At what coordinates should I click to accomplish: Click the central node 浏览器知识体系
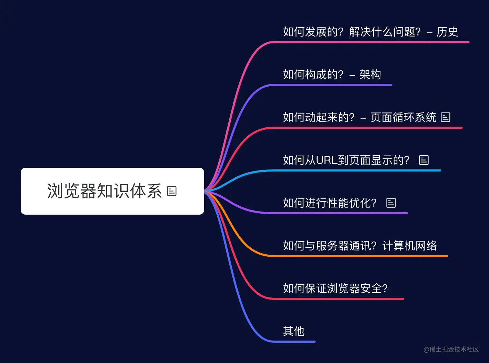pos(104,191)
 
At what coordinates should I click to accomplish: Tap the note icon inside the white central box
pos(172,191)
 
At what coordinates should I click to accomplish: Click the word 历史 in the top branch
pos(447,32)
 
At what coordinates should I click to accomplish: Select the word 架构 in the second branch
pos(370,75)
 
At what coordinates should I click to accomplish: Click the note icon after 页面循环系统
pos(446,117)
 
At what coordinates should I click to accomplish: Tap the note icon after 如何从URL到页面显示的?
pos(424,160)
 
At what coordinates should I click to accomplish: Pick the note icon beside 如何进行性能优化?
pos(391,203)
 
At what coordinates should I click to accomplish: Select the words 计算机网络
pos(410,246)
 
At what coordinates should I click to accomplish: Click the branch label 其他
pos(293,331)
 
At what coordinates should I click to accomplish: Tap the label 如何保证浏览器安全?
pos(335,288)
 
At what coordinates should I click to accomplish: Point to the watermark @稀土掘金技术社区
pos(451,350)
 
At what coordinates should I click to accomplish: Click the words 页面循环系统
pos(403,117)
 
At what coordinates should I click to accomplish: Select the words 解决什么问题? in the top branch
pos(385,32)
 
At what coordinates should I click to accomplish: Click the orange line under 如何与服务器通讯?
pos(359,256)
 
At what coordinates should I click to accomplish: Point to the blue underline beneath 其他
pos(293,342)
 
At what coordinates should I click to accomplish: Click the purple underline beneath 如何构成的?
pos(331,85)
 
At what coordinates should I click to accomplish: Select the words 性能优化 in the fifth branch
pos(343,203)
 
